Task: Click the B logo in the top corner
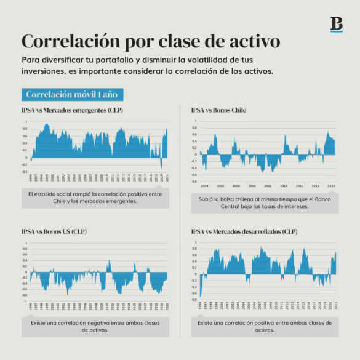(x=336, y=24)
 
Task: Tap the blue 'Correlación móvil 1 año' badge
(x=71, y=95)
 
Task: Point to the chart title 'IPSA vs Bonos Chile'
(x=218, y=110)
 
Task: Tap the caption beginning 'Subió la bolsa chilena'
(x=264, y=202)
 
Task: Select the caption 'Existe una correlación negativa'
(x=95, y=326)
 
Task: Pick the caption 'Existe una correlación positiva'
(x=264, y=326)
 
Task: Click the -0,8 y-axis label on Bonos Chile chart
(x=194, y=182)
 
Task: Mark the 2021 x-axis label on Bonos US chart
(x=166, y=306)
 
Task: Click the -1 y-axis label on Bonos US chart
(x=26, y=302)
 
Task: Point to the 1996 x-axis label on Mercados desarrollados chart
(x=200, y=306)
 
